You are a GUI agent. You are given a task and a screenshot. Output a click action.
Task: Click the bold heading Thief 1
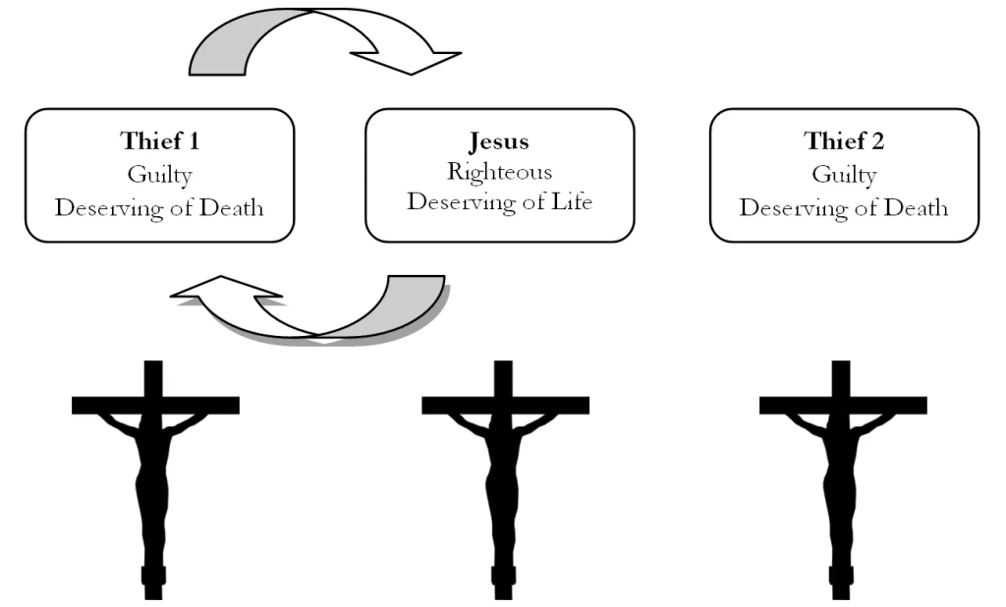[159, 140]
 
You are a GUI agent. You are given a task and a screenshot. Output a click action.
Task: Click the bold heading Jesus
[499, 140]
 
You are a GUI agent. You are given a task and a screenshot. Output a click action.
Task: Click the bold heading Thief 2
[844, 140]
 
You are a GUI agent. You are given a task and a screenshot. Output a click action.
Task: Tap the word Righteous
[499, 172]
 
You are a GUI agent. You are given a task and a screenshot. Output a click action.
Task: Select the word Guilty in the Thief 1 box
[159, 175]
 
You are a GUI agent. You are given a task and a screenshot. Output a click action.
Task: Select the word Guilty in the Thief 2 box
[844, 175]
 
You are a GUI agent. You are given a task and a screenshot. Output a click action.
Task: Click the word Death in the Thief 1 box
[229, 207]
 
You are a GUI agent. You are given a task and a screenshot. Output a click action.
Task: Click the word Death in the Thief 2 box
[914, 207]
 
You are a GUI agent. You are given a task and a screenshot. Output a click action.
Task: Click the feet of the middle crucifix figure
[504, 575]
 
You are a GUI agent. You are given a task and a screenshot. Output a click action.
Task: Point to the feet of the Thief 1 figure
[154, 575]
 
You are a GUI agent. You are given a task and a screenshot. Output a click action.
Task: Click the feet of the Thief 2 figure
[842, 575]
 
